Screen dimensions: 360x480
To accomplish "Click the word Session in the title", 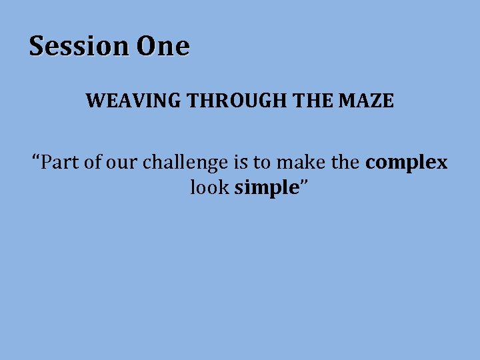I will (x=80, y=47).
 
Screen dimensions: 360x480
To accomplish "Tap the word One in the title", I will (x=163, y=47).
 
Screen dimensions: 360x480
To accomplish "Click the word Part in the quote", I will (x=59, y=163).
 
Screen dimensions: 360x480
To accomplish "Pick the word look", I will (x=209, y=188).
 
